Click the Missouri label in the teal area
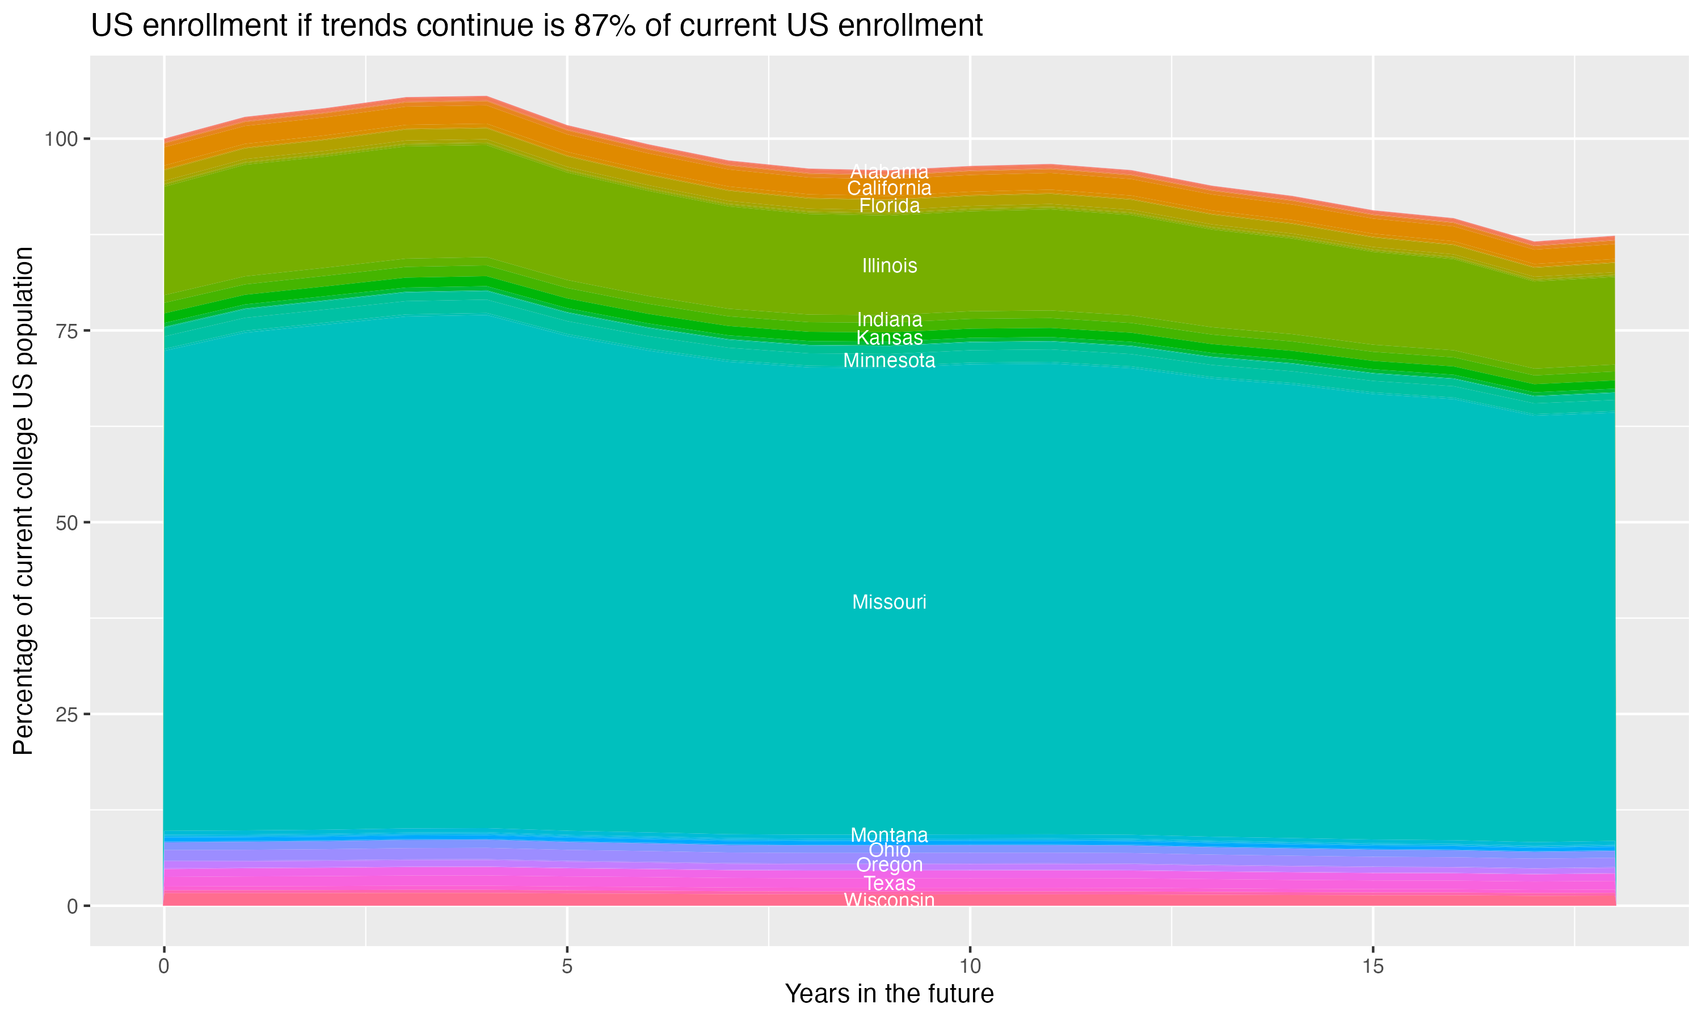(889, 602)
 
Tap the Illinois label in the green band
(889, 265)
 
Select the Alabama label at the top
(889, 171)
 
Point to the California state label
(889, 188)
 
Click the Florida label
(889, 206)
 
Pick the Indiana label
(889, 320)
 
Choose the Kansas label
(889, 338)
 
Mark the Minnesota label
(889, 361)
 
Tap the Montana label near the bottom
(889, 834)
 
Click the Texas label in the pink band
(889, 883)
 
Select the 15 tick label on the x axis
(1372, 967)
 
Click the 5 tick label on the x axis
(566, 967)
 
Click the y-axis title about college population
(23, 501)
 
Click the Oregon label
(889, 865)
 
